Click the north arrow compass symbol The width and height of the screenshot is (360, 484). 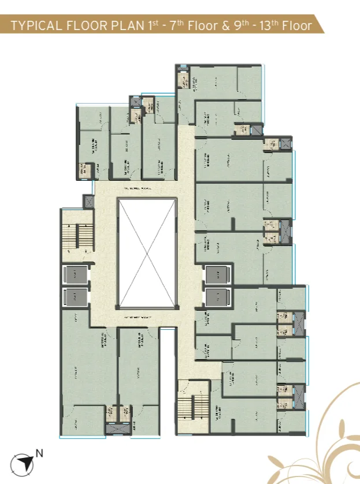point(25,461)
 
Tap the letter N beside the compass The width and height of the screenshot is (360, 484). point(39,453)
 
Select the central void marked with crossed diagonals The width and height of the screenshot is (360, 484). point(147,253)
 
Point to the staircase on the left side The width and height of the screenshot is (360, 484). point(77,232)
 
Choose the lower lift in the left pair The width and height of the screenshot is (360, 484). point(75,297)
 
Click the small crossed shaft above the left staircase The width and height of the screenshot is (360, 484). point(88,202)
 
